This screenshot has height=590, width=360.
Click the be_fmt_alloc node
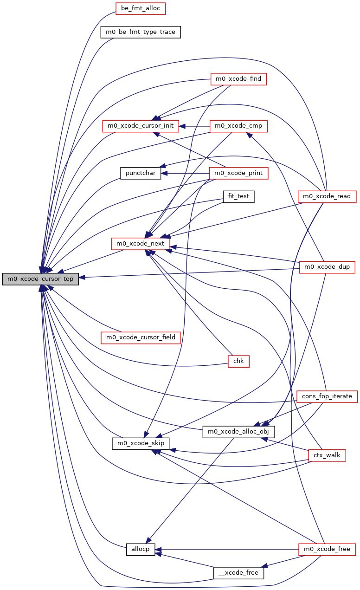click(x=134, y=8)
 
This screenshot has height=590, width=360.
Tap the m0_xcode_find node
click(x=238, y=79)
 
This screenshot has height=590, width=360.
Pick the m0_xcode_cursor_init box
click(x=141, y=126)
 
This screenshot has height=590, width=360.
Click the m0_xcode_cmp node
click(x=238, y=126)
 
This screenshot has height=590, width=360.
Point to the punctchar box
click(x=140, y=173)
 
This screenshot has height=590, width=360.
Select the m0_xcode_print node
click(x=238, y=173)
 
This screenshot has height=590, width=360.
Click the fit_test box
click(x=238, y=196)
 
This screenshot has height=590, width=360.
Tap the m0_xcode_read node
click(x=327, y=197)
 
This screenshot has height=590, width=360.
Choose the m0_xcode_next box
click(x=141, y=243)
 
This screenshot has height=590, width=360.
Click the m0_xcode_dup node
click(x=327, y=267)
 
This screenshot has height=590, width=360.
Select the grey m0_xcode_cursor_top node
click(x=40, y=279)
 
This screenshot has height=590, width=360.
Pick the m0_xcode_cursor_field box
click(x=141, y=337)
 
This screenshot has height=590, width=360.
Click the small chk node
click(x=238, y=361)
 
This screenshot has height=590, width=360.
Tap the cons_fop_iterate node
click(x=327, y=396)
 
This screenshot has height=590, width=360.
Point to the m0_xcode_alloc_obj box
click(x=238, y=432)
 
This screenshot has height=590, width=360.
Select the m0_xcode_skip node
click(x=141, y=443)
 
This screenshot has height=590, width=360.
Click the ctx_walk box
click(x=327, y=455)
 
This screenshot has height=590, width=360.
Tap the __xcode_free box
click(x=238, y=573)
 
